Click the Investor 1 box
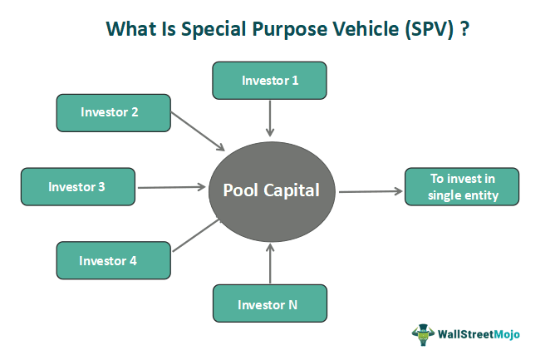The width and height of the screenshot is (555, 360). (x=270, y=81)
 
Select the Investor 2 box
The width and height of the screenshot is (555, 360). (x=114, y=112)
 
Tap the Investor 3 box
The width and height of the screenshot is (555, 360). (x=77, y=187)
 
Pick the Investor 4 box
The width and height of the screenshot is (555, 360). (x=114, y=260)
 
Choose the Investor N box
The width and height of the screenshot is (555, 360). (x=270, y=303)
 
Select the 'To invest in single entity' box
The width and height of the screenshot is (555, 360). (x=462, y=187)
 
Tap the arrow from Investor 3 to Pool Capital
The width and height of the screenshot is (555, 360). (x=171, y=187)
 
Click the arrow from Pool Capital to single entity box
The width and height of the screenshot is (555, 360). (x=369, y=190)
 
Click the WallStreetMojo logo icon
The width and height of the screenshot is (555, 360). (x=424, y=334)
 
